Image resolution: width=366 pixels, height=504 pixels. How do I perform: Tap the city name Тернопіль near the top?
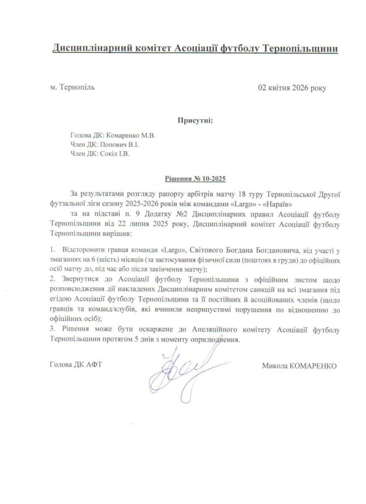click(x=78, y=87)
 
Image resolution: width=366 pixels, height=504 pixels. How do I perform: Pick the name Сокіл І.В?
click(x=115, y=153)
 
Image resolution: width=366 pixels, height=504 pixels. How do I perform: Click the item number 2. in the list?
click(x=52, y=279)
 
